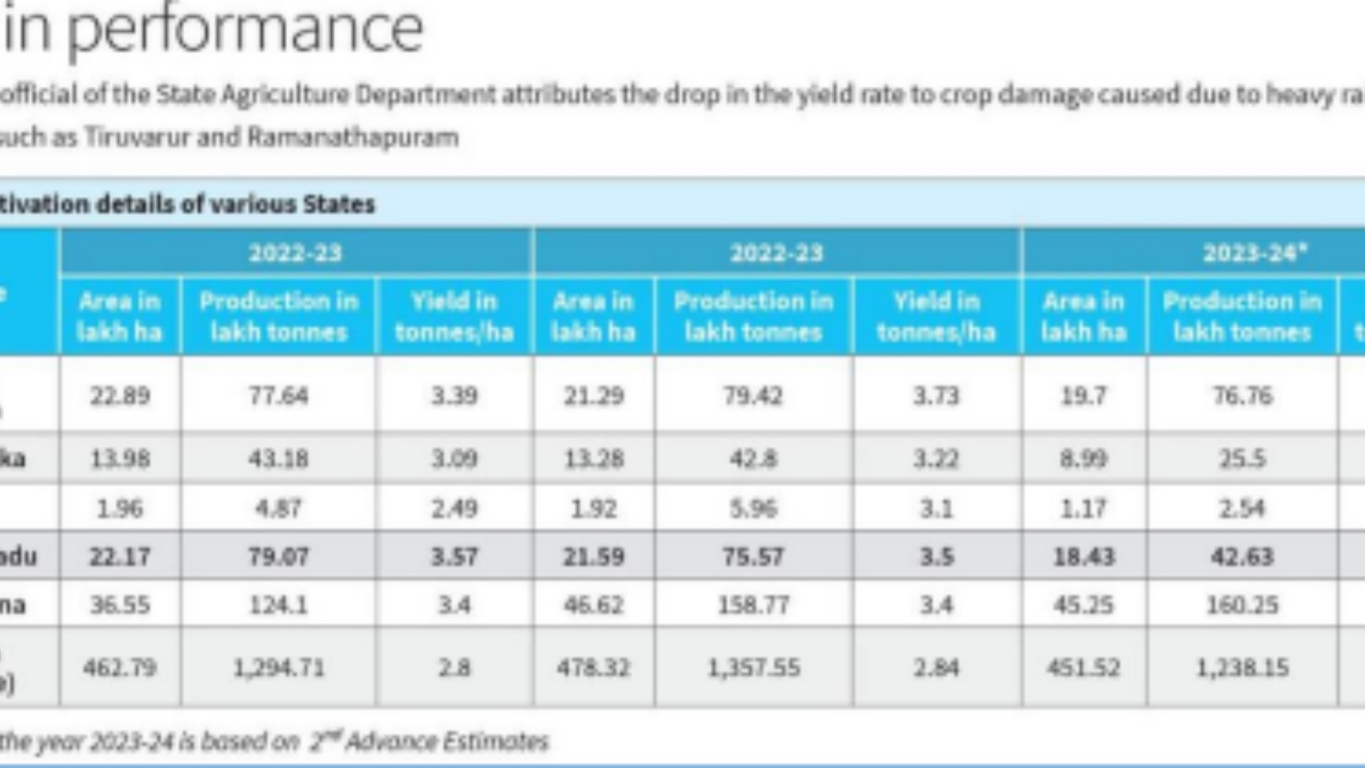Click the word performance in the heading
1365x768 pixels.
pos(245,30)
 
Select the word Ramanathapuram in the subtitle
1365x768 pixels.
pos(353,137)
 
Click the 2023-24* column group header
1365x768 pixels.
pos(1254,253)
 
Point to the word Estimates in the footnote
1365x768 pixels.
pos(496,742)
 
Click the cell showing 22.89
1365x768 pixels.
pos(119,395)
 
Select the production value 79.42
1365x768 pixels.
pos(753,395)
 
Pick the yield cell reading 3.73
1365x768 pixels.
pos(936,395)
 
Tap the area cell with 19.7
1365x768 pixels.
pos(1083,395)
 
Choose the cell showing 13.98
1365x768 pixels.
pos(119,459)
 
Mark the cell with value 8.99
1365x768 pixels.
pos(1083,459)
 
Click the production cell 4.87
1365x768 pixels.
pos(278,508)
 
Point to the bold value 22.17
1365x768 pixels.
pos(119,556)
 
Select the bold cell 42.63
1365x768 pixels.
pos(1241,556)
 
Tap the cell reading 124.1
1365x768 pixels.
pos(278,605)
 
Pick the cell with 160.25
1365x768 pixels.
pos(1241,605)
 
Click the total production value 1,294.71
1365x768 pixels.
pos(278,668)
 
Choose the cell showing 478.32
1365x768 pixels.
pos(593,668)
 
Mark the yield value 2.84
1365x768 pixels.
pos(936,668)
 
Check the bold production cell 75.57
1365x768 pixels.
pos(753,556)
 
